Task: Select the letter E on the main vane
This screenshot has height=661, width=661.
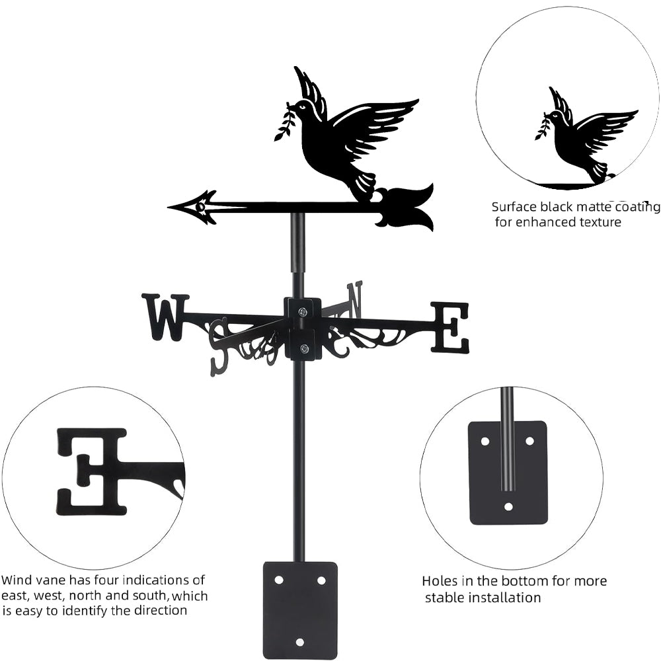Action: click(x=451, y=327)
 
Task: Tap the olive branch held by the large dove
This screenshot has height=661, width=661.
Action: click(x=284, y=122)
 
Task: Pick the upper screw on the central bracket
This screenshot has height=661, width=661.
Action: click(x=302, y=312)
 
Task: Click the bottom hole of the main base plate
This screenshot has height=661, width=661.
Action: click(x=299, y=641)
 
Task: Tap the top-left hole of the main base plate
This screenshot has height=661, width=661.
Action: click(x=278, y=580)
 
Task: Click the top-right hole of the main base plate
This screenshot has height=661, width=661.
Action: click(x=321, y=580)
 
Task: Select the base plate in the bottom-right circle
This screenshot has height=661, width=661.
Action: click(x=508, y=473)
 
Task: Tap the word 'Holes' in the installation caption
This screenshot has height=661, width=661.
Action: click(x=440, y=581)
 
